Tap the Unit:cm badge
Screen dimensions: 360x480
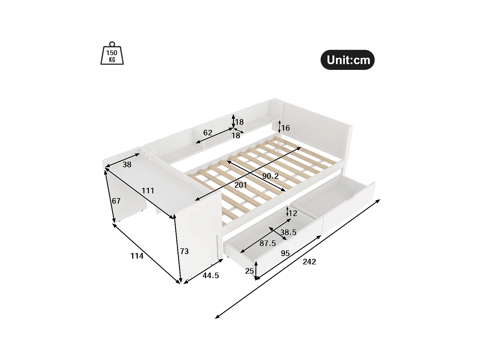[348, 60]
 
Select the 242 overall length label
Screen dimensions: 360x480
[309, 262]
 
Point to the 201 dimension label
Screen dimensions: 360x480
[241, 185]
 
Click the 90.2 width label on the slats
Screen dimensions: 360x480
[270, 176]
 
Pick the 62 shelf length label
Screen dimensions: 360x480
[208, 132]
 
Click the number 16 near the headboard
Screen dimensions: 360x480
[285, 128]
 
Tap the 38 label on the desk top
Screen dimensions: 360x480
[127, 164]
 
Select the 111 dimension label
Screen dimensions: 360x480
[148, 191]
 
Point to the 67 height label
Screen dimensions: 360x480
[116, 201]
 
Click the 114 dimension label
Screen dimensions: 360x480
[137, 256]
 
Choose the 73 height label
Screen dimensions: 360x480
[184, 252]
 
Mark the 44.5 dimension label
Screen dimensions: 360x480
[211, 275]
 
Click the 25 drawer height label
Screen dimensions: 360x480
[249, 271]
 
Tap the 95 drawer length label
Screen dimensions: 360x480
[285, 253]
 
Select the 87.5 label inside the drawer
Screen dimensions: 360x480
[268, 243]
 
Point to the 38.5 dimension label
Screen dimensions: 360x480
[288, 232]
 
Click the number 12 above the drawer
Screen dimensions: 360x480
[293, 213]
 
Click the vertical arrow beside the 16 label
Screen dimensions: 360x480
[280, 127]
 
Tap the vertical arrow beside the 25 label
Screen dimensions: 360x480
[256, 271]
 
